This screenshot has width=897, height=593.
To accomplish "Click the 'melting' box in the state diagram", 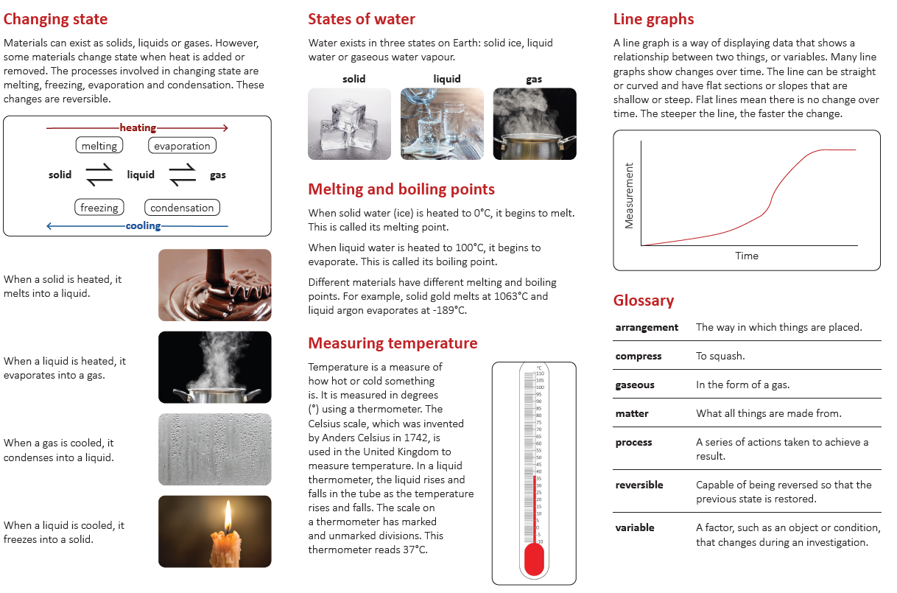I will (x=99, y=146).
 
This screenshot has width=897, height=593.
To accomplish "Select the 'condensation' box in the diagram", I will (x=182, y=208).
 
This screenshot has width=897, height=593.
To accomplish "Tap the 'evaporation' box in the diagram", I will (x=182, y=146).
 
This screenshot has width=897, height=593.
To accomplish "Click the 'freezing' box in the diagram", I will (x=99, y=208).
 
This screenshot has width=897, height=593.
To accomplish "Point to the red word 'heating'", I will (x=138, y=128).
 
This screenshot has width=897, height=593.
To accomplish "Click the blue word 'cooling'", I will (x=143, y=226).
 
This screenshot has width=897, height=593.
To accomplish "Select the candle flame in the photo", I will (x=228, y=515).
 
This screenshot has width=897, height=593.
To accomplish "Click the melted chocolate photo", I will (x=214, y=284).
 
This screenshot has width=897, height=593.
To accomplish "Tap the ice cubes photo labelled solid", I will (x=350, y=124).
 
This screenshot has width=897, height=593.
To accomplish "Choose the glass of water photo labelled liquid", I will (x=442, y=124).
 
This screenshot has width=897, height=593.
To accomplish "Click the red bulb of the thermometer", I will (x=533, y=561).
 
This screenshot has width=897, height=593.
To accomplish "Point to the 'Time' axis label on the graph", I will (x=746, y=256).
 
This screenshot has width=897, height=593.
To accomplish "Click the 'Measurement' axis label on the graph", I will (x=629, y=195).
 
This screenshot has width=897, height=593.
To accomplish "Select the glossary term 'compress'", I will (x=639, y=356).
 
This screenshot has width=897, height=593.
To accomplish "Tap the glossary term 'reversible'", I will (x=639, y=485).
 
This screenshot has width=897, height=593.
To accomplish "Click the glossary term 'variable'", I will (x=635, y=527).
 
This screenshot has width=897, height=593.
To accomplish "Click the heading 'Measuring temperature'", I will (x=393, y=343).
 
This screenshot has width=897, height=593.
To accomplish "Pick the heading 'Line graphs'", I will (x=653, y=20).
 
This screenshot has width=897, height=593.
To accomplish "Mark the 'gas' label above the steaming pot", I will (x=534, y=79).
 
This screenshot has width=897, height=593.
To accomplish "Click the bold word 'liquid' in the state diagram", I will (x=141, y=175).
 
